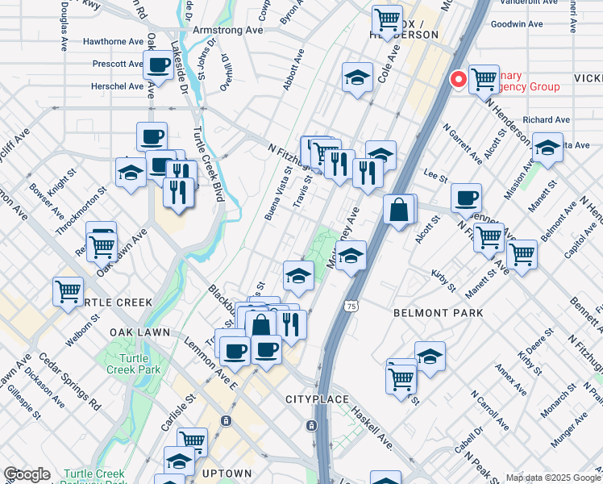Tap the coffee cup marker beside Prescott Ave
158,65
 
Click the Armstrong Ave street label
229,30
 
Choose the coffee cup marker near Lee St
465,198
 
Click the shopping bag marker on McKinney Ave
399,211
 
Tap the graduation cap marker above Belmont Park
351,257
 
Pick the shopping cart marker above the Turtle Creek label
69,290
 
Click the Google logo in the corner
26,475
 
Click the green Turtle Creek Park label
133,364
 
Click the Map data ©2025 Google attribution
553,478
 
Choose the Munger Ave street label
568,432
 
